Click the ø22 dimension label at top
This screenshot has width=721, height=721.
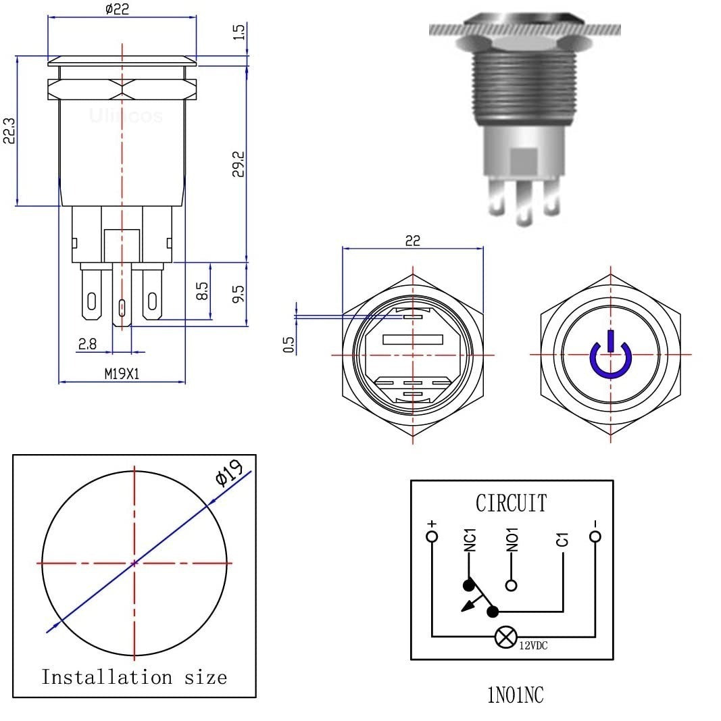tap(117, 9)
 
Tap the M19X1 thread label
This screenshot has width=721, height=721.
tap(122, 374)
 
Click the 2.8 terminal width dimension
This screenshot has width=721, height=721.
tap(87, 344)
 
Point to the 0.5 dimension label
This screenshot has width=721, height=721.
tap(289, 345)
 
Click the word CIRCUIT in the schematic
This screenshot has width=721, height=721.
tap(512, 503)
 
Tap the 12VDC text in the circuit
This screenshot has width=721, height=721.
tap(534, 646)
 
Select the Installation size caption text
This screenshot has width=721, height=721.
tap(134, 676)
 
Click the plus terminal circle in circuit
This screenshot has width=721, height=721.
tap(432, 537)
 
